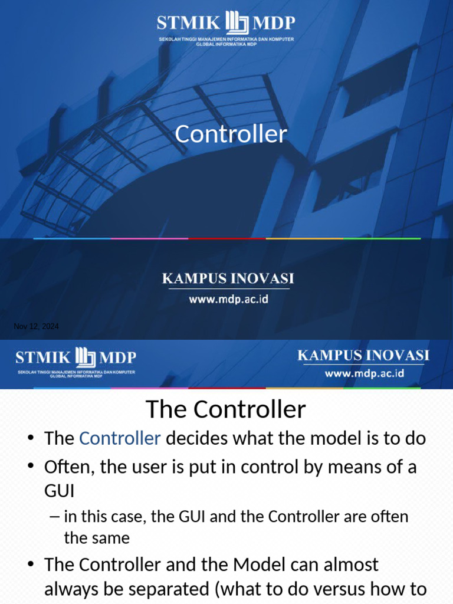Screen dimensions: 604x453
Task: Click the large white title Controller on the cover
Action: [231, 134]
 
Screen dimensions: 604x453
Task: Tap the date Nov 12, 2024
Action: [37, 327]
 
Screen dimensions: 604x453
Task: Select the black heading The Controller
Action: [226, 409]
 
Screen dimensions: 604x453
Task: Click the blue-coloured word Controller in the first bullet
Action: [120, 438]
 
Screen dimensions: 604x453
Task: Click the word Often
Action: [68, 467]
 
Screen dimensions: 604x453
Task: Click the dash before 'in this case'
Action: [55, 517]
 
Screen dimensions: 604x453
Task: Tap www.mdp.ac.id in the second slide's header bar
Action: [364, 374]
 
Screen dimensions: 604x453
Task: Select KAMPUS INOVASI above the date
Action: [228, 278]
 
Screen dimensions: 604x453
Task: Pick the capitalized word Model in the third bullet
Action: [260, 564]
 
